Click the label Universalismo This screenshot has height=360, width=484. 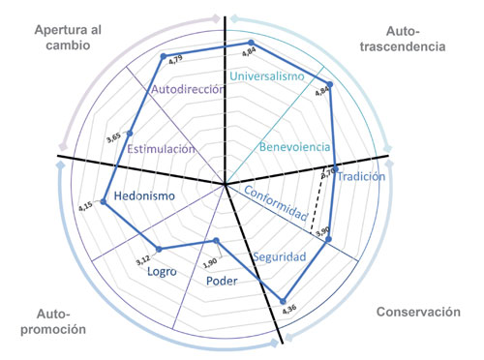(272, 76)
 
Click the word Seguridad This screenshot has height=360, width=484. (279, 257)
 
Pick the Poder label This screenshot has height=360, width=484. (223, 282)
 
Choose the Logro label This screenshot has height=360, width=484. (161, 272)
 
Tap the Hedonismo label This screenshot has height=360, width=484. (144, 197)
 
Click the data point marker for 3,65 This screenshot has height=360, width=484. (131, 133)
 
